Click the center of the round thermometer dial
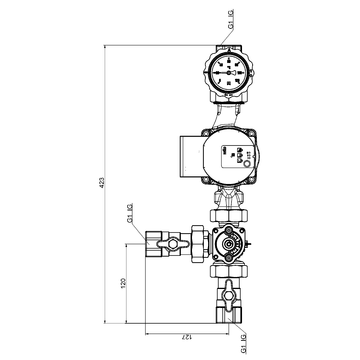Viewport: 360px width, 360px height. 229,71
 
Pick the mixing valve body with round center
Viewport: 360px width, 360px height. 230,243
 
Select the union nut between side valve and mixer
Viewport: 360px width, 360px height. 198,241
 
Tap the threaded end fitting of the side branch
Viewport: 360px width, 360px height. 152,241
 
